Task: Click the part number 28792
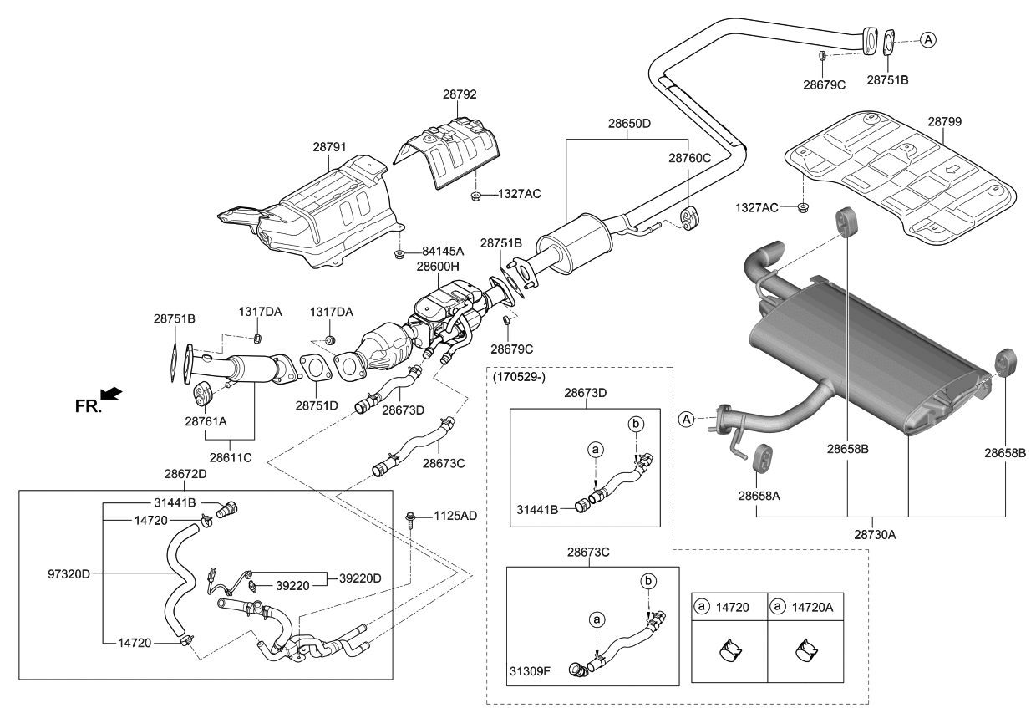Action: [460, 95]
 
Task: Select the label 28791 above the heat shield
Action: [330, 146]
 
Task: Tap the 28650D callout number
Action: [629, 123]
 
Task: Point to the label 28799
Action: [944, 121]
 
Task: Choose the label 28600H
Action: [439, 266]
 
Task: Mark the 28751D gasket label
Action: [316, 405]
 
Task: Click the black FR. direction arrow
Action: [109, 392]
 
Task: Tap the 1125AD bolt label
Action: [455, 516]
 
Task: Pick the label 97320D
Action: [69, 573]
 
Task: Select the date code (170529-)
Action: [519, 376]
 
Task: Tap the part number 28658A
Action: [759, 495]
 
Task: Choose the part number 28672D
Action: [187, 473]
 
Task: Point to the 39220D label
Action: [360, 578]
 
